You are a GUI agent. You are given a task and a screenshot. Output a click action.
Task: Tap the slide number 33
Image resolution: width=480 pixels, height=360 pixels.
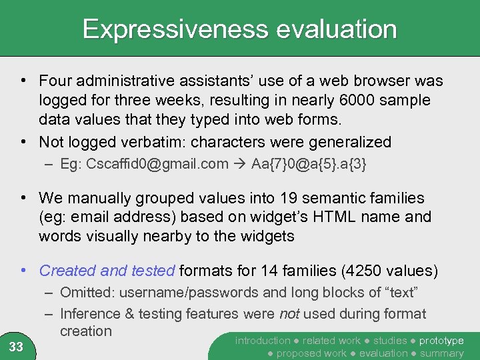[16, 346]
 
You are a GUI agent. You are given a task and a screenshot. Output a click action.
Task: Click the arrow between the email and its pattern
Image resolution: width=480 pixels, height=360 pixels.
[240, 164]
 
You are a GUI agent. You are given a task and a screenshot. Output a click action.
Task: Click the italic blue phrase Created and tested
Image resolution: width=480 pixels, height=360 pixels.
[107, 271]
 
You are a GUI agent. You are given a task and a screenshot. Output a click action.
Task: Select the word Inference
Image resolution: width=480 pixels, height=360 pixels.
[90, 314]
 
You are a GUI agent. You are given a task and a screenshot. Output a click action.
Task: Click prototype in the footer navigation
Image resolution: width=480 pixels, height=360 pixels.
[442, 341]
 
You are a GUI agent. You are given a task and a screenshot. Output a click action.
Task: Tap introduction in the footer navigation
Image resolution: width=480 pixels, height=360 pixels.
[263, 341]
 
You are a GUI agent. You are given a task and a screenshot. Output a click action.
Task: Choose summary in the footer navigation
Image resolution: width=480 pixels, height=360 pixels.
[441, 353]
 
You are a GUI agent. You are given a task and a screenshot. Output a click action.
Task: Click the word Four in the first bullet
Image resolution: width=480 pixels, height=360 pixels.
[54, 81]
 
